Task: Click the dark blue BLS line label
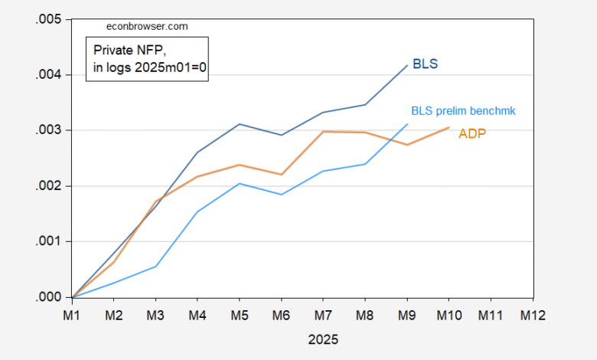[x=425, y=64]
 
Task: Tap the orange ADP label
[x=472, y=134]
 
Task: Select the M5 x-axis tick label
[x=240, y=315]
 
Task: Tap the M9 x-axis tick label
[x=407, y=315]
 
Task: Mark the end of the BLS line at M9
[x=407, y=65]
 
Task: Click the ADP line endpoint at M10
[x=449, y=127]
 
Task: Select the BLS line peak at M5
[x=240, y=124]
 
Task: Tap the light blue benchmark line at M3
[x=156, y=266]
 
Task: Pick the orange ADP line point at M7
[x=324, y=131]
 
